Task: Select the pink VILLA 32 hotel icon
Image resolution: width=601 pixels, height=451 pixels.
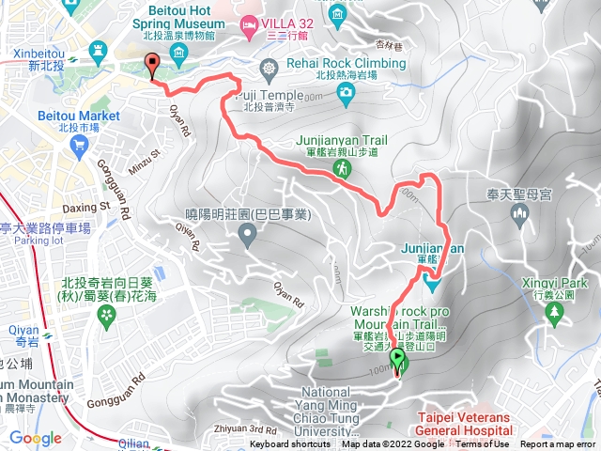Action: click(249, 23)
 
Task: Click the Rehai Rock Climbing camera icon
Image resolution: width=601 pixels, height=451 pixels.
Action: click(347, 91)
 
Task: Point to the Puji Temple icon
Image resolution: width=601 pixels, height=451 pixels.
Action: click(270, 69)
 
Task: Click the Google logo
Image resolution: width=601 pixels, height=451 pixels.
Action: click(36, 438)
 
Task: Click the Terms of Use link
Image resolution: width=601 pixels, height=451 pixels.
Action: click(483, 444)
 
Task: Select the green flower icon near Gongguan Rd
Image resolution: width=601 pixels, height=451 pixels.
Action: click(104, 311)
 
